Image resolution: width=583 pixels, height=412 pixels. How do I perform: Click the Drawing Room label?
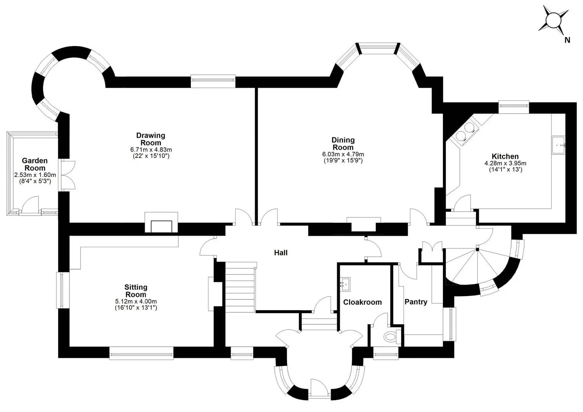pos(151,139)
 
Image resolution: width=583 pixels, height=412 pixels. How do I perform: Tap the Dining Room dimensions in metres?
pos(343,154)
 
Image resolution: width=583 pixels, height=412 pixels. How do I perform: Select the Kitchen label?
pos(505,156)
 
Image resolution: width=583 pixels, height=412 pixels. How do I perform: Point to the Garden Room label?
pos(35,164)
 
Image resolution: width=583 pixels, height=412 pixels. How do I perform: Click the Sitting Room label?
pos(136,291)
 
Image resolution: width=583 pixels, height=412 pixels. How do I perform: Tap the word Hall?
pos(281,253)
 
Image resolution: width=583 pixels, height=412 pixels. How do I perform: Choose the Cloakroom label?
pos(362,302)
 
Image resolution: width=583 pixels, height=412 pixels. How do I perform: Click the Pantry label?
pos(416,302)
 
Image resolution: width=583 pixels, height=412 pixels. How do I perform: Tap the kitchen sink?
pos(558,145)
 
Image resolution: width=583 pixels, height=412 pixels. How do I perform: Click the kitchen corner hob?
pos(464,131)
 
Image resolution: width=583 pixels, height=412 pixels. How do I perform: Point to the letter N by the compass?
pos(567,40)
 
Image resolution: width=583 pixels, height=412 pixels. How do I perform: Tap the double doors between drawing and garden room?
pos(67,175)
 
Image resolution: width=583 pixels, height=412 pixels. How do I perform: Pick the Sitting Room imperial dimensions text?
pos(136,308)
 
